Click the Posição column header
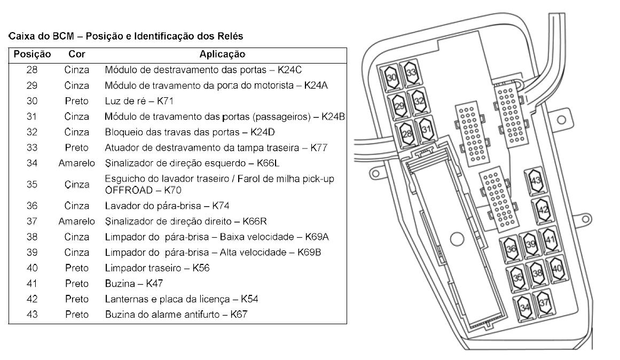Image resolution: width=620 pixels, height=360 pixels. point(32,54)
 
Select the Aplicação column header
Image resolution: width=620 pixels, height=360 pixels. point(222,54)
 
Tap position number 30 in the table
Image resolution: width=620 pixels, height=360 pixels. point(32,101)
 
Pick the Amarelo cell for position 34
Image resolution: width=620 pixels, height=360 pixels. point(77,163)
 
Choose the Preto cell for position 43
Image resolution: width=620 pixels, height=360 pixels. point(77,314)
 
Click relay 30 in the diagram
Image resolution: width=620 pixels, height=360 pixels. point(391,78)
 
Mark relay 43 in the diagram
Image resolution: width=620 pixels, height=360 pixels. point(536,180)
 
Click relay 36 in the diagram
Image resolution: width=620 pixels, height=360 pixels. point(511,248)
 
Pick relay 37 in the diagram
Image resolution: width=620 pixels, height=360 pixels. point(544,303)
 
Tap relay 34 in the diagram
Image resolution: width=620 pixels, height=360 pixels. point(524,307)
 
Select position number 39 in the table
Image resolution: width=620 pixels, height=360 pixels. point(32,252)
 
